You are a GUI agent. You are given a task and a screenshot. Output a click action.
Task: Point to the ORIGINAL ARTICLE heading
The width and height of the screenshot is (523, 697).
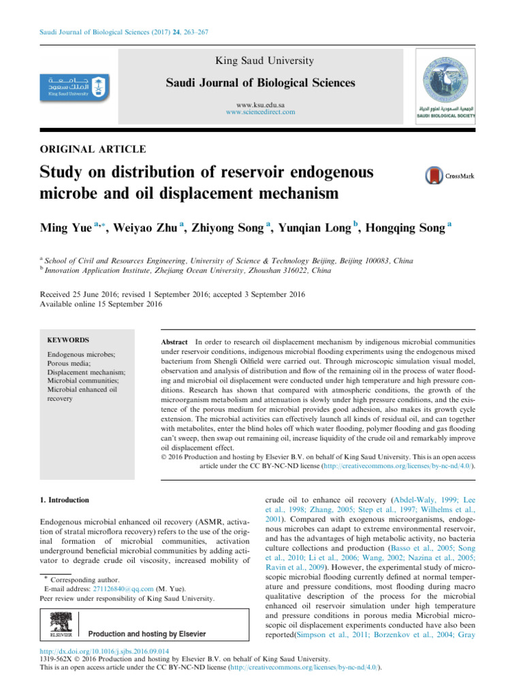pos(92,148)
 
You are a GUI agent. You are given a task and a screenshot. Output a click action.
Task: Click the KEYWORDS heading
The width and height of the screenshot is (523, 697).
pos(68,340)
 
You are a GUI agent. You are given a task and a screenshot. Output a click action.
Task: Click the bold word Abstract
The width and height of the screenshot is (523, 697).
pos(174,340)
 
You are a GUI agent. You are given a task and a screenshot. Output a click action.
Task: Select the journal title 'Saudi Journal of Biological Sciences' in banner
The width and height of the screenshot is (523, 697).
pos(261,83)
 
